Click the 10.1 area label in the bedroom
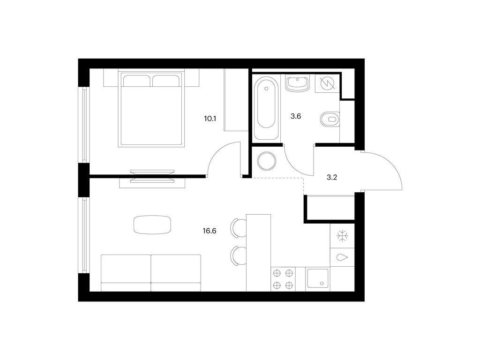(x=210, y=119)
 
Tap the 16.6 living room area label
(x=210, y=231)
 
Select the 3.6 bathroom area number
(x=296, y=116)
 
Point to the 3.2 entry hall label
(x=332, y=178)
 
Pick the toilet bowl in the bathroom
(x=330, y=119)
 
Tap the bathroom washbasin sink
(x=297, y=83)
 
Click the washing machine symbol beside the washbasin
(x=327, y=83)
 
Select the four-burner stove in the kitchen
(x=283, y=279)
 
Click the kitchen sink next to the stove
(x=318, y=278)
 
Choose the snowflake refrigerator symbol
(x=340, y=236)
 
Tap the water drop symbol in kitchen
(x=342, y=257)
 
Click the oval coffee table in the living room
(x=152, y=225)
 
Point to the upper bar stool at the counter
(x=239, y=228)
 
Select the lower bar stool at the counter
(x=239, y=256)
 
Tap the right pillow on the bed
(x=165, y=81)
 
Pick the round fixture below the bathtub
(x=267, y=161)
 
